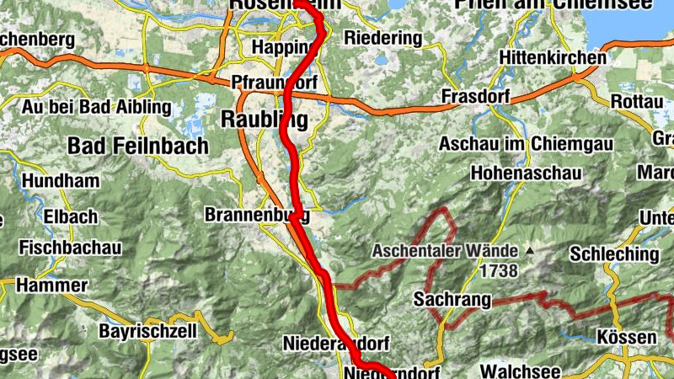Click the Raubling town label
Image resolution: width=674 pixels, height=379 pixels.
click(x=264, y=120)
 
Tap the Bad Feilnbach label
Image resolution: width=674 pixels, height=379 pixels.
click(x=138, y=146)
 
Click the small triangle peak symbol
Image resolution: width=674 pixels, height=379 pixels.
click(x=529, y=251)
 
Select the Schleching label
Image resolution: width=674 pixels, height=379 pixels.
click(x=614, y=254)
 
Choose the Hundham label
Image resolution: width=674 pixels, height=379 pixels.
click(x=61, y=181)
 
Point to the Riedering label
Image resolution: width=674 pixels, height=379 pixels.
click(x=382, y=39)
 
